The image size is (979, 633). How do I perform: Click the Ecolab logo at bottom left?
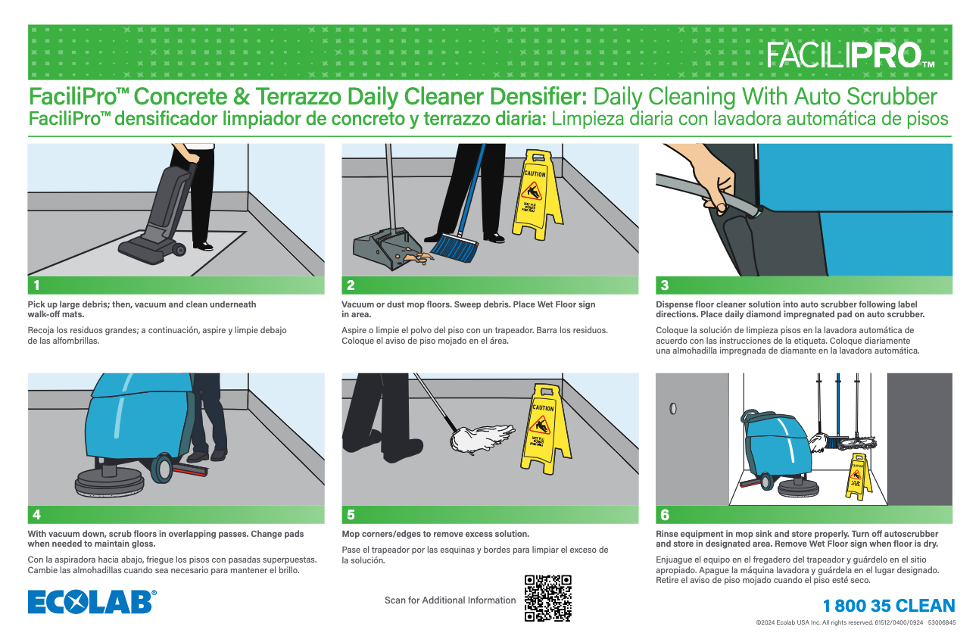92,602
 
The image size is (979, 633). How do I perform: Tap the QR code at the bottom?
547,598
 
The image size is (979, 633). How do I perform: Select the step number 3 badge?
664,285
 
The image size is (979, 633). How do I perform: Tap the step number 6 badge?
664,515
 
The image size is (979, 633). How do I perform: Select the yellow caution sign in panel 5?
542,429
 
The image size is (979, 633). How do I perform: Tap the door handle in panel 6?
673,409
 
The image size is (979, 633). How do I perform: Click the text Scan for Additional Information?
450,600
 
